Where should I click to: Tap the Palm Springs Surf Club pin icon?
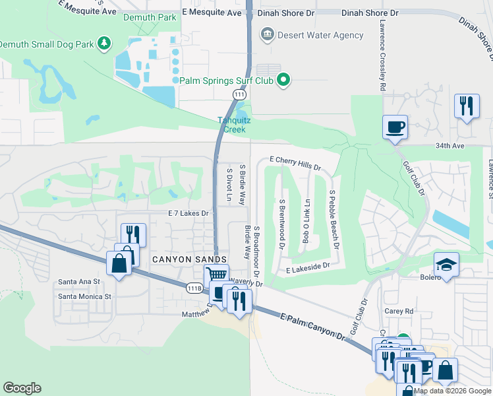click(x=284, y=81)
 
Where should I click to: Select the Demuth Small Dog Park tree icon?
click(x=103, y=44)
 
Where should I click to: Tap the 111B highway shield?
click(x=194, y=288)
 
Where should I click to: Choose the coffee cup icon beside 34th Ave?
click(x=395, y=127)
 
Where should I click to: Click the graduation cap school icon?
click(x=446, y=265)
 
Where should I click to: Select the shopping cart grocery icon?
click(x=216, y=275)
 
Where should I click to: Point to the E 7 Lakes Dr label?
click(x=188, y=213)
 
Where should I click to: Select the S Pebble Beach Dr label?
click(x=334, y=219)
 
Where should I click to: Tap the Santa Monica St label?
click(x=85, y=296)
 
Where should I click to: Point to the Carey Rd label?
click(x=400, y=311)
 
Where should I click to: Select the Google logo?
click(x=22, y=388)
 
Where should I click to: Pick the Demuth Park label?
click(x=150, y=17)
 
